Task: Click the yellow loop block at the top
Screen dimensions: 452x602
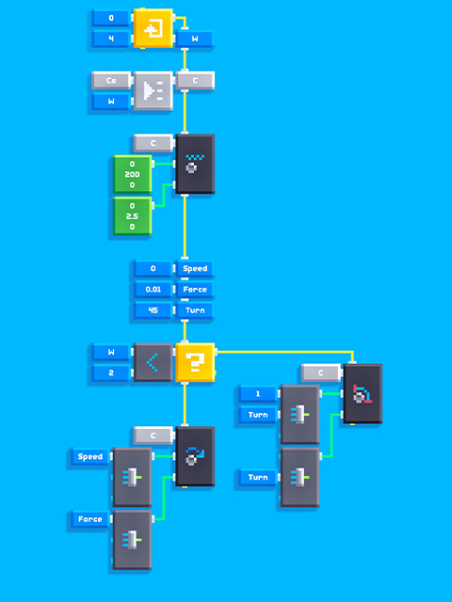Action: (x=153, y=28)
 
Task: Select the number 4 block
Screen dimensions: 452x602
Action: (x=111, y=39)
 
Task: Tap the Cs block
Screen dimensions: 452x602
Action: (x=111, y=81)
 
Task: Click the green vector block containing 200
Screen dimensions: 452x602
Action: (x=132, y=174)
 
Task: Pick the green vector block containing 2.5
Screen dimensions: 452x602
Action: (x=132, y=216)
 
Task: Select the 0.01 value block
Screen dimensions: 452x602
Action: (x=153, y=290)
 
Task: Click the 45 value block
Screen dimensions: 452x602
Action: (x=153, y=310)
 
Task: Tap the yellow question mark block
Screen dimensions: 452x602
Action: (x=195, y=362)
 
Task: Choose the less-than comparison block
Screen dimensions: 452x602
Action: (x=153, y=362)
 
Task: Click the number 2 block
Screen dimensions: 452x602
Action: (x=111, y=372)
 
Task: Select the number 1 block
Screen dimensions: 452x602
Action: (x=257, y=394)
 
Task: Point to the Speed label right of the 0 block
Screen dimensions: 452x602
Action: (x=195, y=269)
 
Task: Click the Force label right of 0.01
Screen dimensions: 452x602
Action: (x=195, y=290)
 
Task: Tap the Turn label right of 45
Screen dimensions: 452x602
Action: (x=195, y=310)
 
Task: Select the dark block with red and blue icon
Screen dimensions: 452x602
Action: (x=363, y=394)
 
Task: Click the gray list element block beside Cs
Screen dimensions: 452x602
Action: (x=153, y=91)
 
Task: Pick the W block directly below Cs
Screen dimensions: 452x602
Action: (x=111, y=102)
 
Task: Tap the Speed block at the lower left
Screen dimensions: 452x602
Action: (x=90, y=456)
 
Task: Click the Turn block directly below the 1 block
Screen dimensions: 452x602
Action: (x=257, y=415)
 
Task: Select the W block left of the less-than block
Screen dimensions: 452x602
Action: (x=111, y=352)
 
